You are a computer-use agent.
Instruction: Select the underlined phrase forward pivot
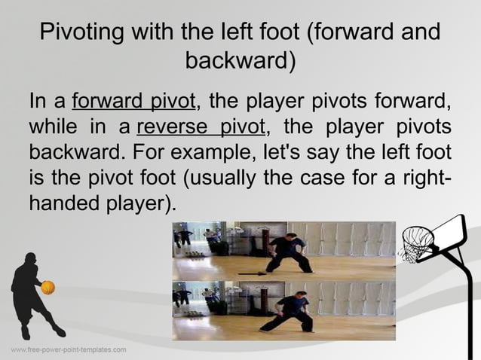133,101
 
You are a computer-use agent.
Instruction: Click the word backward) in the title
240,60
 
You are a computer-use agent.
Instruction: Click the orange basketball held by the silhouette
47,286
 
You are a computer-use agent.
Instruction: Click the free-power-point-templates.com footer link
69,350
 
